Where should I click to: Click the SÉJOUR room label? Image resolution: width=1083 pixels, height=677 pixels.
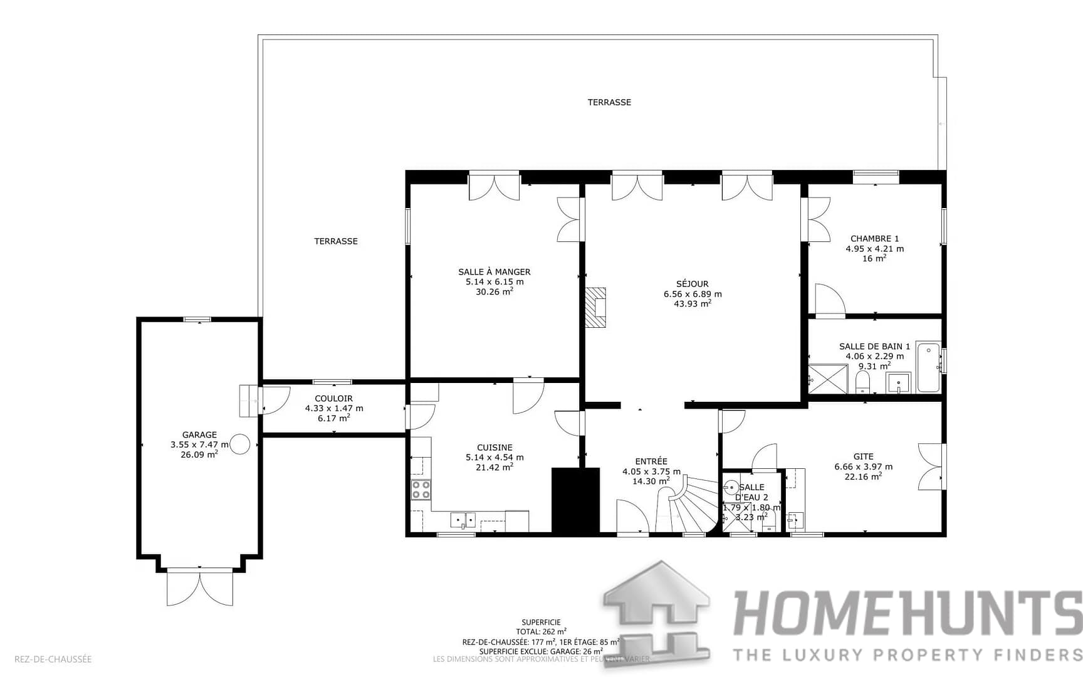[693, 284]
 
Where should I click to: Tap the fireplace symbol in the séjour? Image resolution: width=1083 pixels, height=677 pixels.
[596, 307]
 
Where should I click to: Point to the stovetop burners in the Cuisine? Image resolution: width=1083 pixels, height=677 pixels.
[421, 490]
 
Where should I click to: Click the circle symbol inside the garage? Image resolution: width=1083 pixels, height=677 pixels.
[240, 444]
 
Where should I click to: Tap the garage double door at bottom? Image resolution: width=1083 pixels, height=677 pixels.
[200, 587]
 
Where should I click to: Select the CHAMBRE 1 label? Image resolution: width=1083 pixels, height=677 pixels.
[874, 239]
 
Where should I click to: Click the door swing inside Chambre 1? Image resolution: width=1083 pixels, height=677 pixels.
[829, 299]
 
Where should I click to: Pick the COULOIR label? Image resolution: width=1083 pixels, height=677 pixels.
[333, 399]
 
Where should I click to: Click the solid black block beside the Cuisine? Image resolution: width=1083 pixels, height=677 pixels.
[575, 500]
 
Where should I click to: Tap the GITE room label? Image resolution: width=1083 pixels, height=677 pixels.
[863, 457]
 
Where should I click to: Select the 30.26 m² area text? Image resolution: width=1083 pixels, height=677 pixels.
[494, 291]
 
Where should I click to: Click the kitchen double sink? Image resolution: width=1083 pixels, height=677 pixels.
[463, 520]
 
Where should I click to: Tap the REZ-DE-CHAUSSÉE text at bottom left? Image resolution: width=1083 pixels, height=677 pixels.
[53, 659]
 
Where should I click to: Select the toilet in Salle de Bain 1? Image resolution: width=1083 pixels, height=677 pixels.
[863, 381]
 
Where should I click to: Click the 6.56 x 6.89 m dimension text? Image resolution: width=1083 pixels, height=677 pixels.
[693, 294]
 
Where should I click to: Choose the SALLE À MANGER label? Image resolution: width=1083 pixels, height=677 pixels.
[494, 272]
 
